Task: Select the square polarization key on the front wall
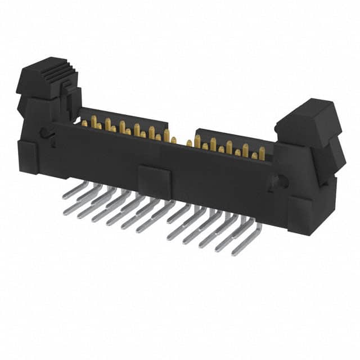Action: (x=154, y=181)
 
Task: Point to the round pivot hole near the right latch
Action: (x=283, y=182)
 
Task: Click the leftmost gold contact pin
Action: (x=84, y=123)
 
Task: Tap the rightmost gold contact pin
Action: (x=262, y=152)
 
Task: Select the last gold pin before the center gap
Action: (x=173, y=139)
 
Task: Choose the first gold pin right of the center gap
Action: (x=190, y=143)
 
